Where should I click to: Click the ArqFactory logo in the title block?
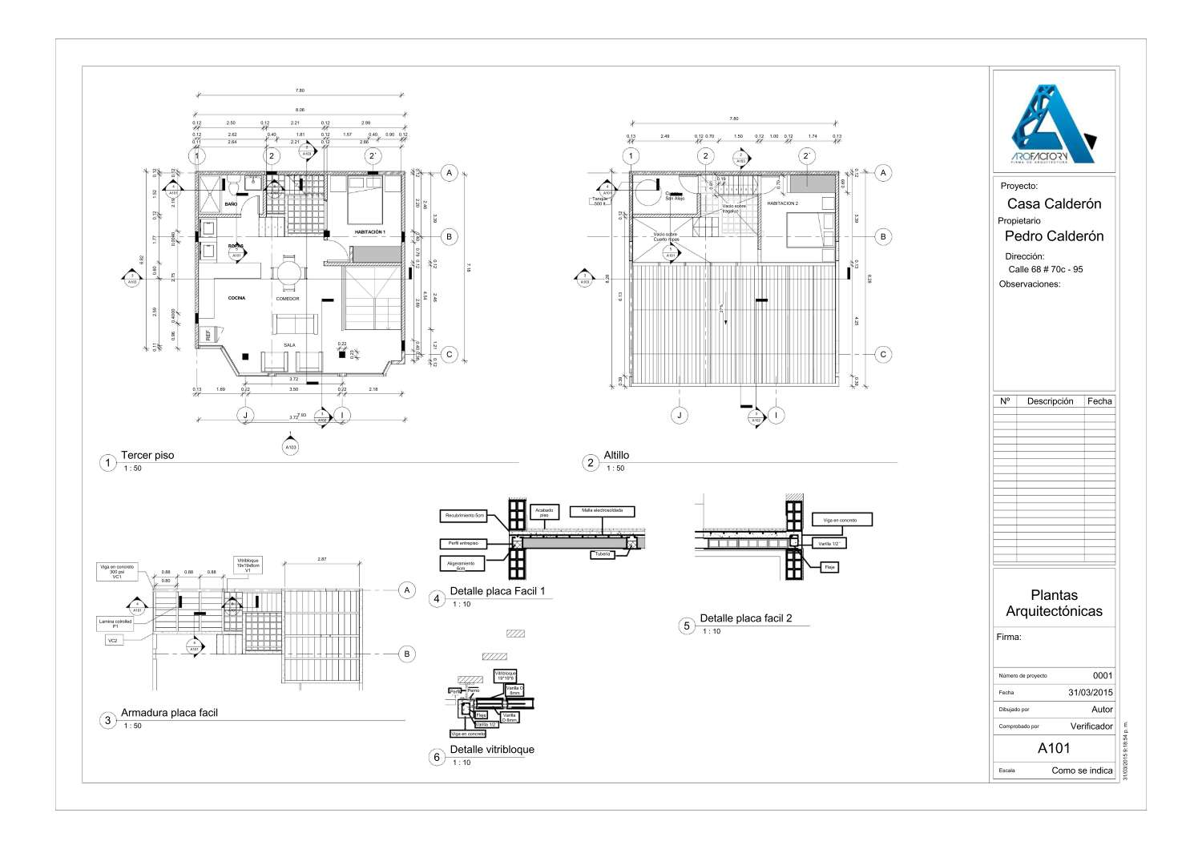pos(1053,120)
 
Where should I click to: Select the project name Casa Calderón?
pos(1054,203)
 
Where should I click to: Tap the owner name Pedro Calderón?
pos(1054,236)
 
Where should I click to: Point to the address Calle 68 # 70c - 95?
pos(1045,269)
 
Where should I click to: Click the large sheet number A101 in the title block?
pos(1054,749)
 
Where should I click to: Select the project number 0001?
pos(1102,675)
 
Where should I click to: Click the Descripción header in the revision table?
pos(1050,401)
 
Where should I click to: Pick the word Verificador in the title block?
pos(1091,726)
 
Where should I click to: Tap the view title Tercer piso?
pos(147,455)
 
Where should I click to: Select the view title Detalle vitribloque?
pos(492,750)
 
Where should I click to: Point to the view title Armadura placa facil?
pos(169,712)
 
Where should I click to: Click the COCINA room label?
pos(236,298)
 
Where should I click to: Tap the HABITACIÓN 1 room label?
pos(369,232)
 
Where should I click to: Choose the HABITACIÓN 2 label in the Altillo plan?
pos(782,203)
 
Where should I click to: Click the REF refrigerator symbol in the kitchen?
pos(208,335)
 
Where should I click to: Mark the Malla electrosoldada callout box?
pos(602,510)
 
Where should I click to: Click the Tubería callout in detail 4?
pos(602,553)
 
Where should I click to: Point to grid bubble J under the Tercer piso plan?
pos(245,415)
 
